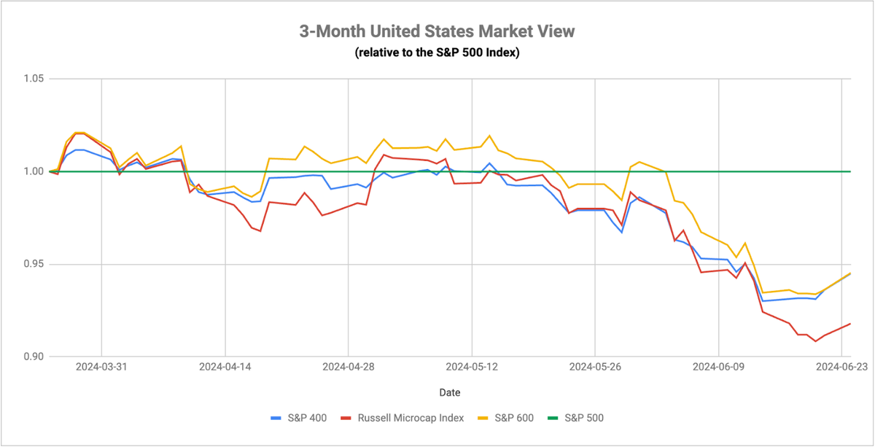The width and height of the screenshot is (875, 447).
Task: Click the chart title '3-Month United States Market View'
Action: [x=437, y=31]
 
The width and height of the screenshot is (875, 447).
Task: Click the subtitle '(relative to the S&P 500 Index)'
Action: [x=437, y=53]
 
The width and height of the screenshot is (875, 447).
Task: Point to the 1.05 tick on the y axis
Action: [x=34, y=79]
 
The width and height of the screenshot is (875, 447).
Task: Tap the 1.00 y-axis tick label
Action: [x=34, y=171]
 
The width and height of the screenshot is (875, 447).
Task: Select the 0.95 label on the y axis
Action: [x=34, y=264]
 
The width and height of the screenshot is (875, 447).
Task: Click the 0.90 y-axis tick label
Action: [x=34, y=357]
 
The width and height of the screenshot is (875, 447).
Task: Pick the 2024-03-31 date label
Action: [x=101, y=367]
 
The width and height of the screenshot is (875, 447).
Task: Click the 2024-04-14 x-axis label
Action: [x=225, y=367]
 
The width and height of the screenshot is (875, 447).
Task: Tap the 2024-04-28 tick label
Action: [x=349, y=367]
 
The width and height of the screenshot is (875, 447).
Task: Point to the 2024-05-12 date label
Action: [x=472, y=367]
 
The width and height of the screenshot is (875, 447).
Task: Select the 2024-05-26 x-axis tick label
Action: [x=595, y=367]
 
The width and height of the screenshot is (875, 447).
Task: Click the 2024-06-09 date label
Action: [x=719, y=367]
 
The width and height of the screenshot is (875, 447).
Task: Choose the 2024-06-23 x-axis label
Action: [x=841, y=367]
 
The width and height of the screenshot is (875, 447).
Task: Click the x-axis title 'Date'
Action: [x=450, y=392]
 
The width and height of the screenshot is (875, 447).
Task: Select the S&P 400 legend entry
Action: [x=299, y=418]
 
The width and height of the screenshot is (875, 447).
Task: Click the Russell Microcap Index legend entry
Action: [x=402, y=418]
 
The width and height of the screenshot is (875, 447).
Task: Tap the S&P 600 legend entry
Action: [x=506, y=418]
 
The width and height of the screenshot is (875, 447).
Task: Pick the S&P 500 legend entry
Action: [x=576, y=418]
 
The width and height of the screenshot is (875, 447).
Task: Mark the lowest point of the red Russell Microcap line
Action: [x=815, y=341]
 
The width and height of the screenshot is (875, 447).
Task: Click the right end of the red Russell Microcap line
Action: [x=850, y=324]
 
